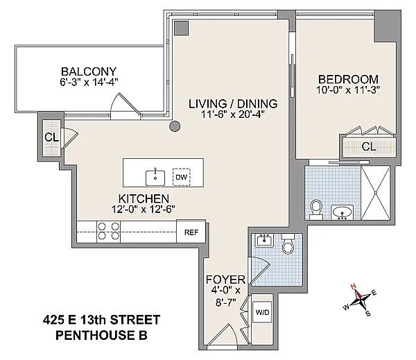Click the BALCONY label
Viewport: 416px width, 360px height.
point(89,71)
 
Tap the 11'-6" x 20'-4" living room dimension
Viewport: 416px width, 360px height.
point(233,114)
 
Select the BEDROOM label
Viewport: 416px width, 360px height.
point(348,79)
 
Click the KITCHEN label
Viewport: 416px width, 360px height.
point(144,198)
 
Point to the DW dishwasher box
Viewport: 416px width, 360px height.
point(182,177)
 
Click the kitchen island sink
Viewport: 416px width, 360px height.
point(155,178)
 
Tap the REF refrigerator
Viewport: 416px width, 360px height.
point(191,232)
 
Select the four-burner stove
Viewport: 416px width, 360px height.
point(109,232)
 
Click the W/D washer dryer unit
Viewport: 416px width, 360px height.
point(262,312)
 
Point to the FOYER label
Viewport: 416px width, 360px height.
point(225,280)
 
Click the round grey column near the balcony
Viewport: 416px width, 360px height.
point(175,126)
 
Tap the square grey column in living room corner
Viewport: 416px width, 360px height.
point(181,28)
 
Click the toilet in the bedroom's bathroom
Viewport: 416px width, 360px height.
point(316,209)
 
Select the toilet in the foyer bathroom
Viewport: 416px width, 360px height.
point(288,243)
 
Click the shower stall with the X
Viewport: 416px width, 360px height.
point(376,193)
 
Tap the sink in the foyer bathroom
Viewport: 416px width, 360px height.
point(264,240)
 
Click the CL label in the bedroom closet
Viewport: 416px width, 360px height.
point(369,146)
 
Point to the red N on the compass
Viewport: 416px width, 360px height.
point(353,286)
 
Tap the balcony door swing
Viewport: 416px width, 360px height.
point(125,105)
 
